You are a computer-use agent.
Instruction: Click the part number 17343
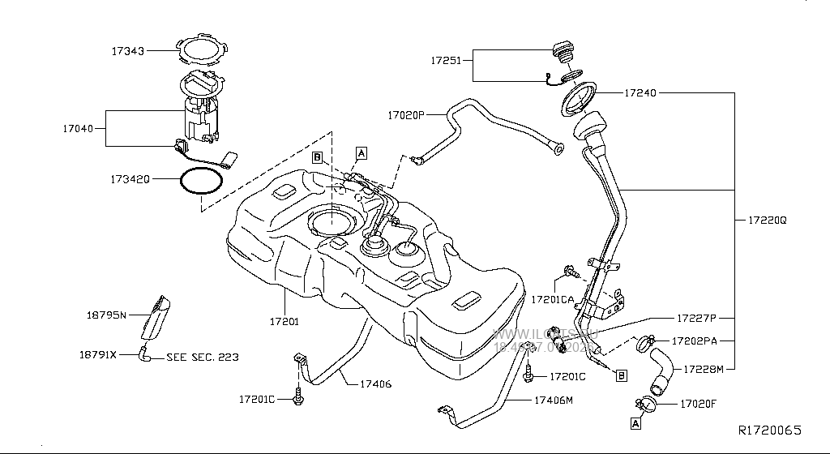[x=128, y=50]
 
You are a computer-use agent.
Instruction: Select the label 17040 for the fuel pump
[x=79, y=128]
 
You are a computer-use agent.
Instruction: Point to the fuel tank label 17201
[x=285, y=321]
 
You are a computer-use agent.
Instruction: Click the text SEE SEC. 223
[x=203, y=356]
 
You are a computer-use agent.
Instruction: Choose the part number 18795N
[x=107, y=314]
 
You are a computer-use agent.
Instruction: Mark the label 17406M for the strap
[x=554, y=400]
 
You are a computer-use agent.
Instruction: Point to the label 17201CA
[x=553, y=300]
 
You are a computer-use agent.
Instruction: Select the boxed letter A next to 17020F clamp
[x=635, y=422]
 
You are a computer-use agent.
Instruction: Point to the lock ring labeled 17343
[x=199, y=50]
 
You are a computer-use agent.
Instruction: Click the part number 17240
[x=640, y=93]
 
